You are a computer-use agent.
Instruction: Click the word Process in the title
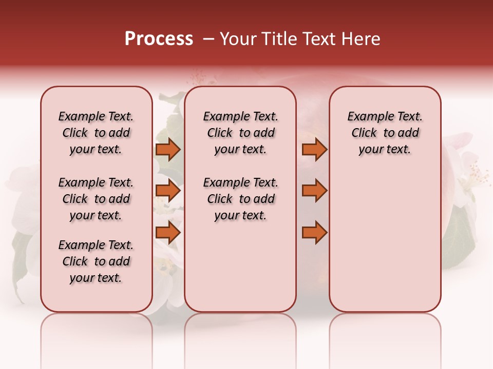point(159,39)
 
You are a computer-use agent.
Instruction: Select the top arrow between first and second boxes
point(168,150)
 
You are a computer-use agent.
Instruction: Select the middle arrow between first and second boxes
point(168,191)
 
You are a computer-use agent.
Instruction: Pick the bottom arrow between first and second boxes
point(168,233)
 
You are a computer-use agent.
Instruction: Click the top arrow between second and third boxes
point(314,150)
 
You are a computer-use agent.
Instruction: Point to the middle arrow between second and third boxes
point(314,191)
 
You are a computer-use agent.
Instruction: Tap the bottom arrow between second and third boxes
point(314,233)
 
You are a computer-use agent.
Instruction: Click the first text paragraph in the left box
point(96,133)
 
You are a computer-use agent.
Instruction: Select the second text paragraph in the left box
point(96,199)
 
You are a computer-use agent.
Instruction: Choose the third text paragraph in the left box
point(96,261)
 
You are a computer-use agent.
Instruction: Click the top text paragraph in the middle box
point(240,133)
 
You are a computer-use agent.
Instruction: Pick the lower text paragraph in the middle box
point(240,199)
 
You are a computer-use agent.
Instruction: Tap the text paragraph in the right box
point(385,133)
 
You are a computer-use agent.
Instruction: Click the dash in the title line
point(208,39)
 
